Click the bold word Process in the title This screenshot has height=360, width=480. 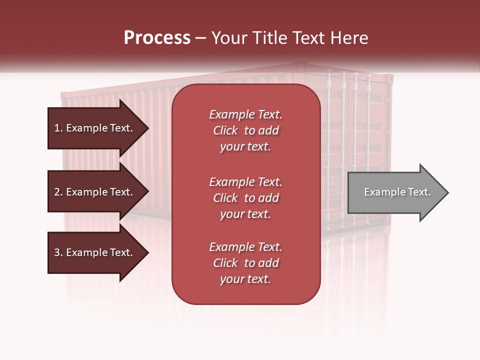pos(157,38)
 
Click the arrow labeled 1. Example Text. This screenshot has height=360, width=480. pos(95,128)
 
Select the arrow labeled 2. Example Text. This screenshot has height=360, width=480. pos(95,192)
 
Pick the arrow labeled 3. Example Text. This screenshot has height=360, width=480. pos(95,252)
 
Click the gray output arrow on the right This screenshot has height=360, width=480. pos(395,192)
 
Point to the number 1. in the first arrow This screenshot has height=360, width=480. pos(58,128)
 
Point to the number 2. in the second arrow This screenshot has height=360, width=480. pos(58,192)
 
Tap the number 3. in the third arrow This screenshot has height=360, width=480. pos(58,252)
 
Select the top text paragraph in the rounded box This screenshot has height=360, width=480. pos(245,130)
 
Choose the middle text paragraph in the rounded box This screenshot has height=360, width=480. pos(245,198)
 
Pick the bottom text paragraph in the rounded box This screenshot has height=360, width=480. pos(245,263)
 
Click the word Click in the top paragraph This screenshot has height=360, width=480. pos(225,130)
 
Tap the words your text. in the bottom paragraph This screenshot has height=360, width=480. pos(245,279)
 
